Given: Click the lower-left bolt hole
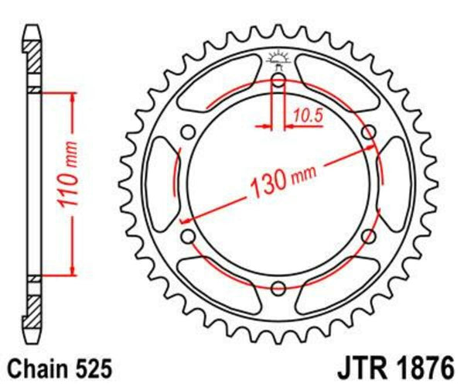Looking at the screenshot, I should (x=186, y=235).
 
